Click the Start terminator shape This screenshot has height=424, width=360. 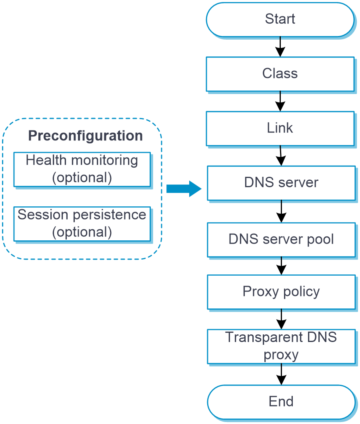(x=280, y=19)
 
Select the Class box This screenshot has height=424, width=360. (x=280, y=74)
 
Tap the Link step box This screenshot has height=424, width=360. (x=280, y=128)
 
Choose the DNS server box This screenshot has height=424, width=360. (x=281, y=182)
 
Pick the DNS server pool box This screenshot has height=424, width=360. (x=281, y=239)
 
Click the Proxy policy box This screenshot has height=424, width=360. (x=281, y=292)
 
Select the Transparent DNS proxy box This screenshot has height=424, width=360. (x=281, y=346)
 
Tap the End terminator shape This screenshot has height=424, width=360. (x=281, y=402)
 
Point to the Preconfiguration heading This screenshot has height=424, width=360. (x=85, y=136)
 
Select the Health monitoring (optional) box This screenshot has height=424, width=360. (x=82, y=169)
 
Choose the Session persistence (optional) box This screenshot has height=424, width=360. (x=82, y=224)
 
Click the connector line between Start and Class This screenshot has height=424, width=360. (x=280, y=47)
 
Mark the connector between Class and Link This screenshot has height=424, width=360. (x=280, y=102)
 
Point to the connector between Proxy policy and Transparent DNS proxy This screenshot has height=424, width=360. (x=281, y=319)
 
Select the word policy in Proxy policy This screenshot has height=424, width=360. (x=300, y=292)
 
